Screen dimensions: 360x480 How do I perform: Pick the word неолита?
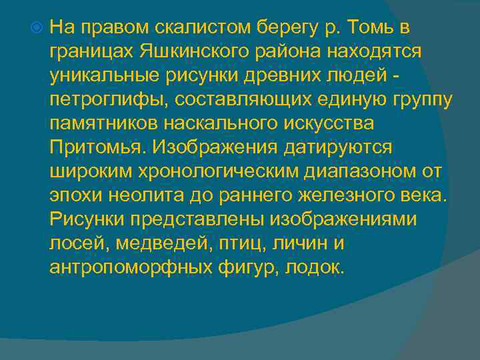pyautogui.click(x=149, y=195)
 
